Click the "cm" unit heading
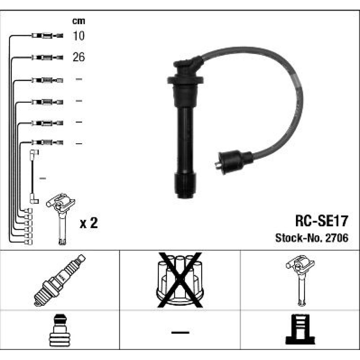pyautogui.click(x=78, y=21)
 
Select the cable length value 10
pyautogui.click(x=78, y=36)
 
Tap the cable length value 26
pyautogui.click(x=78, y=57)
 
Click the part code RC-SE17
pyautogui.click(x=321, y=221)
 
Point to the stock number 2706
pyautogui.click(x=337, y=238)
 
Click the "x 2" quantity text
pyautogui.click(x=89, y=223)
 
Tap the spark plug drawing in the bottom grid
pyautogui.click(x=59, y=280)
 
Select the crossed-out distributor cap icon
pyautogui.click(x=180, y=280)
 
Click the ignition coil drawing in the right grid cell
pyautogui.click(x=300, y=280)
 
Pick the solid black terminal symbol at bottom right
pyautogui.click(x=300, y=329)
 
